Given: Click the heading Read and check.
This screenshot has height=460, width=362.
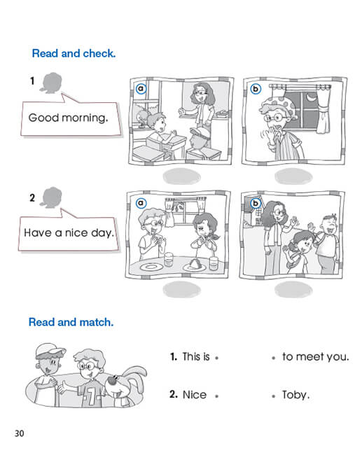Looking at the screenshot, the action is (74, 53).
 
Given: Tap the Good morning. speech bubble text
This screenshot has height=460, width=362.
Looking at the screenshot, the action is (69, 118).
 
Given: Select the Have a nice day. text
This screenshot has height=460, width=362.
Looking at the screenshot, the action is (69, 233).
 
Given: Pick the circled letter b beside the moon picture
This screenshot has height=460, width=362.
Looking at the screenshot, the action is (256, 89).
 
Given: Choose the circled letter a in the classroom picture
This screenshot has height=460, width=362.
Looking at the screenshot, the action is (141, 89).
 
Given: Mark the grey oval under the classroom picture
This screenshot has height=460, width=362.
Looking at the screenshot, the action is (182, 176).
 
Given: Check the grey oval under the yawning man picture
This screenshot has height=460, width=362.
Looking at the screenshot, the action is (293, 176).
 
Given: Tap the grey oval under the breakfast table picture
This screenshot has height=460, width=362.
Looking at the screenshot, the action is (182, 290).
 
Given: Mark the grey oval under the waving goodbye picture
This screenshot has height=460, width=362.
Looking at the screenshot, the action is (293, 290).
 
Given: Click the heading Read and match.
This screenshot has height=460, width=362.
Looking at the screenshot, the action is (71, 322).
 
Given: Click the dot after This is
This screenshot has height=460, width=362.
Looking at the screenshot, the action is (216, 358).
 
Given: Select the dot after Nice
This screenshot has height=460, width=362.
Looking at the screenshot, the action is (216, 396).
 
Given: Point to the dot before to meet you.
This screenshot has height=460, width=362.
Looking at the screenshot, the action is (273, 358).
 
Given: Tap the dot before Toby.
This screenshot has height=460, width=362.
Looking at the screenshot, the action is (273, 396).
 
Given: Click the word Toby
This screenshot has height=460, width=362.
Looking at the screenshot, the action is (295, 395).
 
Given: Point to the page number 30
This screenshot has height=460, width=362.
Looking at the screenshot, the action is (20, 433).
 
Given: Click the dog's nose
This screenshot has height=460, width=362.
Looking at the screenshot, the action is (112, 381).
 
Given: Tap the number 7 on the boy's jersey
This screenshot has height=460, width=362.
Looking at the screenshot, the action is (92, 398).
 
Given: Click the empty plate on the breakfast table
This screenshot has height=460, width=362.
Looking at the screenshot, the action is (151, 267).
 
